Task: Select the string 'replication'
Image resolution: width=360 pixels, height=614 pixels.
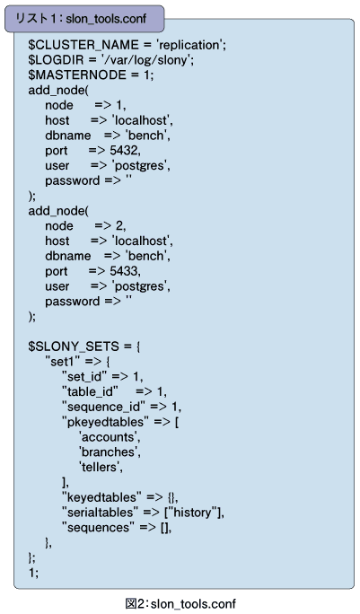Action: point(189,45)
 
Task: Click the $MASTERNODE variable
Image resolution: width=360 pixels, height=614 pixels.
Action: point(77,75)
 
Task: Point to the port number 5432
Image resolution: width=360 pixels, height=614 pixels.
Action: point(123,151)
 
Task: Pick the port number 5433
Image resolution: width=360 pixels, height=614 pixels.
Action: point(123,271)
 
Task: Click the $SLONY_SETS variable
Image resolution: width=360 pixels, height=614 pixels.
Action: point(74,346)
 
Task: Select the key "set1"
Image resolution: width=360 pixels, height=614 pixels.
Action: point(63,362)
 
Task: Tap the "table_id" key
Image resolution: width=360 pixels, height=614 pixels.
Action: point(90,391)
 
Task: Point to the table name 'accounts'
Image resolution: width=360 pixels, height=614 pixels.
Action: point(109,437)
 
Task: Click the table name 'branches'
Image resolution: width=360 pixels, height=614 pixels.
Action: point(109,452)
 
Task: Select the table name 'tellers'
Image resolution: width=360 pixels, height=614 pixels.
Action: point(100,467)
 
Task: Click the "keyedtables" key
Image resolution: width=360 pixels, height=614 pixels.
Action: point(101,497)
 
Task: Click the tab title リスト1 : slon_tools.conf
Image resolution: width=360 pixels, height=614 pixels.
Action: point(81,19)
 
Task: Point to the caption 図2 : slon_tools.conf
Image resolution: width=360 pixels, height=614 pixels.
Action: point(180,604)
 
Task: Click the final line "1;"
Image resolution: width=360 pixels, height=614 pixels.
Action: point(33,573)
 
